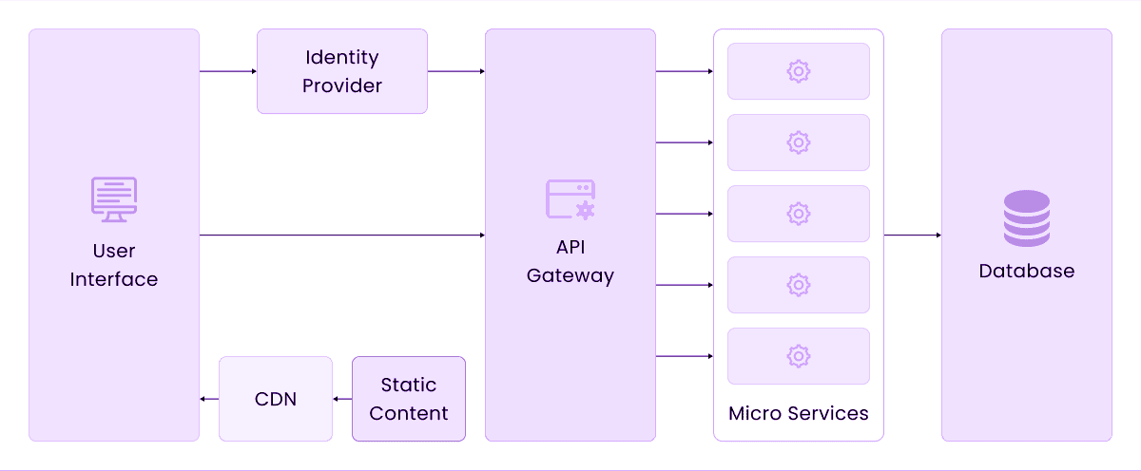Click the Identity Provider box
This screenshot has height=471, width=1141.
click(342, 71)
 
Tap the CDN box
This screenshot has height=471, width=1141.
click(276, 399)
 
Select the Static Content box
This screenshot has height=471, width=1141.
click(409, 399)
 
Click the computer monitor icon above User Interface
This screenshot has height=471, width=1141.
click(114, 199)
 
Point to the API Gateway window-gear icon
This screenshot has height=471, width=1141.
click(570, 199)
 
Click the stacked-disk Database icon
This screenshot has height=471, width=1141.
click(1027, 218)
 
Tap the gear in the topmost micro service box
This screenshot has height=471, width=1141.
click(799, 71)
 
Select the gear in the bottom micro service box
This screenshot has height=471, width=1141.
click(799, 356)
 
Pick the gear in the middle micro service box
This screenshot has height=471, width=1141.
click(799, 214)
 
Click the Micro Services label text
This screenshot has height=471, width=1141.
click(799, 413)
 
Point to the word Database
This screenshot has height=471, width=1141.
click(1027, 272)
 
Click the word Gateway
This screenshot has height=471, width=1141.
click(570, 276)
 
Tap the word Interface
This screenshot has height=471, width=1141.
click(114, 280)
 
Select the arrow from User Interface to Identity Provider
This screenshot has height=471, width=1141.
click(228, 71)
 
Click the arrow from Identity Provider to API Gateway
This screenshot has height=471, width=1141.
click(456, 71)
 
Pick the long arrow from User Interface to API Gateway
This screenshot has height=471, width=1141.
click(342, 235)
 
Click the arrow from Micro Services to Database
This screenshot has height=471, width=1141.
click(913, 235)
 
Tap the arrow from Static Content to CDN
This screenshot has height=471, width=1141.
click(342, 399)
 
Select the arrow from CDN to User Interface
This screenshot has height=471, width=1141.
click(209, 399)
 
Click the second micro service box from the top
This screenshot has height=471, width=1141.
click(799, 142)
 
